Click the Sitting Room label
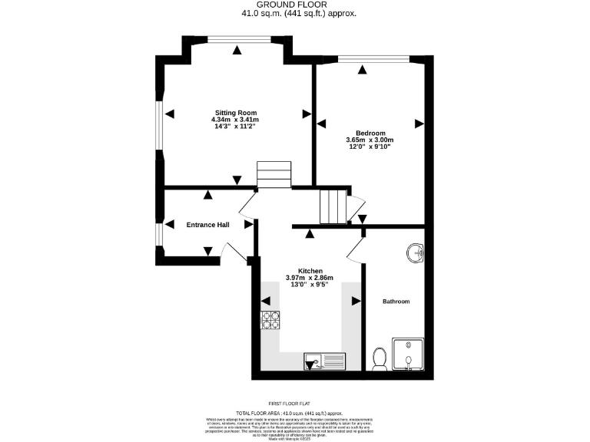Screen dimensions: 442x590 click(235, 113)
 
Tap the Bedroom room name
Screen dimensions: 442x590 click(370, 133)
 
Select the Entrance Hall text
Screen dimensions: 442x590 click(207, 225)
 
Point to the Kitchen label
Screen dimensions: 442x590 click(310, 271)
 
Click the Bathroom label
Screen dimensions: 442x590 click(396, 302)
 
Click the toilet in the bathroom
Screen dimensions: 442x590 click(378, 358)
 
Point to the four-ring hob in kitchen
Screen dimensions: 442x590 click(271, 319)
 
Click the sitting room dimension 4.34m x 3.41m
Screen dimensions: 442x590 click(235, 120)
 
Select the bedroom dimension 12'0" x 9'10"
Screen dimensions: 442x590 click(370, 147)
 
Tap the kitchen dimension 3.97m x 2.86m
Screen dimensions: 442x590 click(310, 278)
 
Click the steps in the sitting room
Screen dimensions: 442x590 click(274, 173)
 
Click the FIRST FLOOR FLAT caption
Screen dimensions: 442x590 click(295, 404)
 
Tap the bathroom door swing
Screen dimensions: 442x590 click(355, 247)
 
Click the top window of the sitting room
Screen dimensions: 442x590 click(237, 40)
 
